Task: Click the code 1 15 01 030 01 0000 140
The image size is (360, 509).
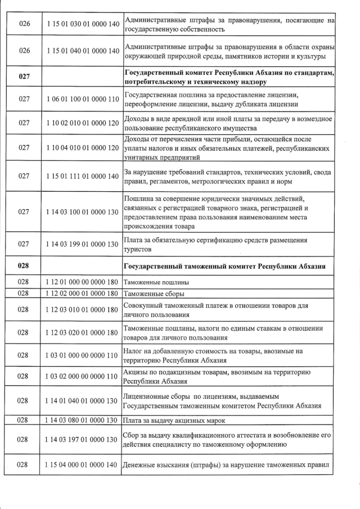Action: click(80, 25)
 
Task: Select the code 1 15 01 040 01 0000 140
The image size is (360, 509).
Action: click(80, 51)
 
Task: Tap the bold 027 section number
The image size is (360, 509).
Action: click(24, 75)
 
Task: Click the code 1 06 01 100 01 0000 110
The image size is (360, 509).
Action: click(80, 100)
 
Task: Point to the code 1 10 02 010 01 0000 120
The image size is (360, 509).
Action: click(80, 123)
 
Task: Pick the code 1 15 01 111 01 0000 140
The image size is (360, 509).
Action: click(80, 176)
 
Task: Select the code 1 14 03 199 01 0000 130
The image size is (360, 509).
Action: click(80, 244)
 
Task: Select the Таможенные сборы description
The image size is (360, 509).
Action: click(154, 294)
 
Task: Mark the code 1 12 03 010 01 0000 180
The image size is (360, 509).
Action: click(80, 309)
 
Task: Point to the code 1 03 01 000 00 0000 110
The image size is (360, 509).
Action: click(80, 355)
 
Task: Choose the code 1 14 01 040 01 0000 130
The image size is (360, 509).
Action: click(80, 400)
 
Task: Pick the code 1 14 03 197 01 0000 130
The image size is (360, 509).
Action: click(80, 439)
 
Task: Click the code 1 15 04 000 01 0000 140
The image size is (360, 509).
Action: click(80, 465)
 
